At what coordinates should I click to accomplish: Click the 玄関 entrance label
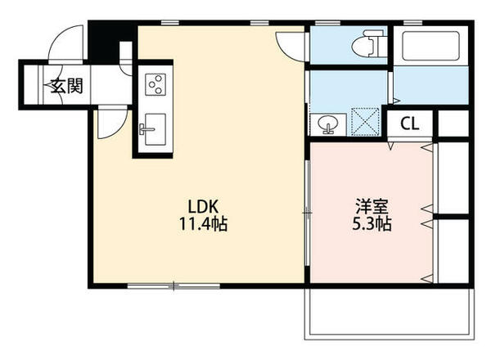67,86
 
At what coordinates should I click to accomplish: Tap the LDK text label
203,207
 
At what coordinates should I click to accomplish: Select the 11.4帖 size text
203,224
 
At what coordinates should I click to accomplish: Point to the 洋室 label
372,207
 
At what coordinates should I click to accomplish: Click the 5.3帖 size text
372,224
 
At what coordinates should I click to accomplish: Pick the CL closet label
410,124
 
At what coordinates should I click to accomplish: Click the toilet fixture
367,44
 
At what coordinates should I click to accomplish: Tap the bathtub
431,46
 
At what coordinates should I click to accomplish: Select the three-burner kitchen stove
155,84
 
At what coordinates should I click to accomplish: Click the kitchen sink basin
155,129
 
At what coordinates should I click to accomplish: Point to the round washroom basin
327,123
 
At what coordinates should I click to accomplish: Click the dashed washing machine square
366,122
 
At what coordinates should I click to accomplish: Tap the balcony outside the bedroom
390,313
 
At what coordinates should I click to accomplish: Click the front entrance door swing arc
58,37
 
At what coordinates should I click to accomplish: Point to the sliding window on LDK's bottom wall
173,286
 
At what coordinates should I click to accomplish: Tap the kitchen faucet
145,129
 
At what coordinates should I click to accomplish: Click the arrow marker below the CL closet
390,146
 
